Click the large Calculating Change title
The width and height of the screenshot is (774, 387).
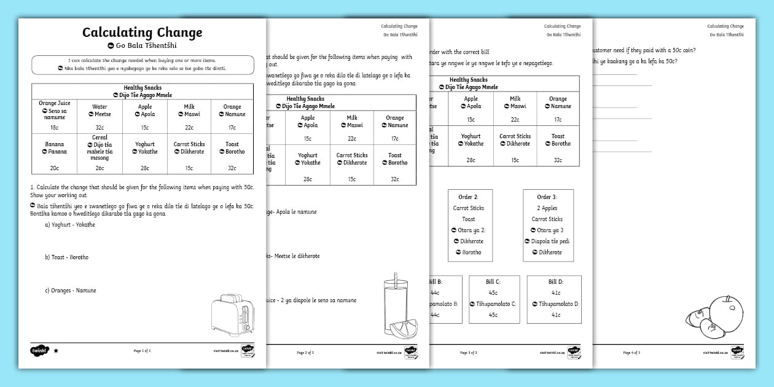tap(142, 33)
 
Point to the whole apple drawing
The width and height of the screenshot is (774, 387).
tap(725, 311)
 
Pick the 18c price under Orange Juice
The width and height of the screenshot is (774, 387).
tap(55, 128)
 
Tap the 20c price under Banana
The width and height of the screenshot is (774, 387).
tap(55, 168)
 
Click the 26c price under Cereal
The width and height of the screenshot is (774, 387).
tap(100, 168)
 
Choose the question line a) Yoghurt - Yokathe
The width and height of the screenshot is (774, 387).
tap(69, 225)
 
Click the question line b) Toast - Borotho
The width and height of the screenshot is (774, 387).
tap(66, 257)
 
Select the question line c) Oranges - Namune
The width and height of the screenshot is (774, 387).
tap(70, 291)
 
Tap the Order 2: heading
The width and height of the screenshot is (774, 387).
tap(468, 197)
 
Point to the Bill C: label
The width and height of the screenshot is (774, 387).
tap(493, 282)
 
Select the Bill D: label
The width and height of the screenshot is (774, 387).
tap(556, 282)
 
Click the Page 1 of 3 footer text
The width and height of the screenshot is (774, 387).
tap(142, 351)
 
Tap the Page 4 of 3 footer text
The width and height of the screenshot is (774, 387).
tap(631, 353)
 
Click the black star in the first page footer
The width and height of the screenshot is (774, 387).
tap(57, 351)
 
